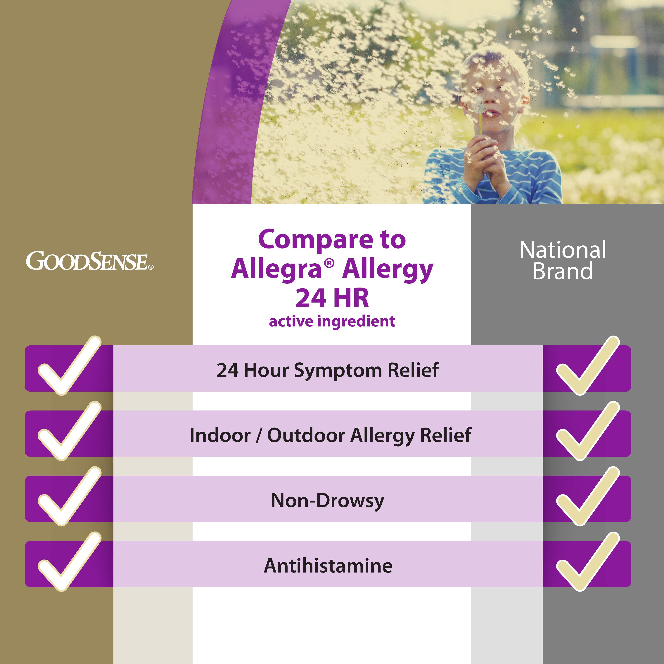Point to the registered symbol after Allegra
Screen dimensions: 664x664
coord(329,263)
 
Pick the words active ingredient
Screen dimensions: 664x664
coord(332,321)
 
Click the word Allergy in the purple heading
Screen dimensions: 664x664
coord(388,270)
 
